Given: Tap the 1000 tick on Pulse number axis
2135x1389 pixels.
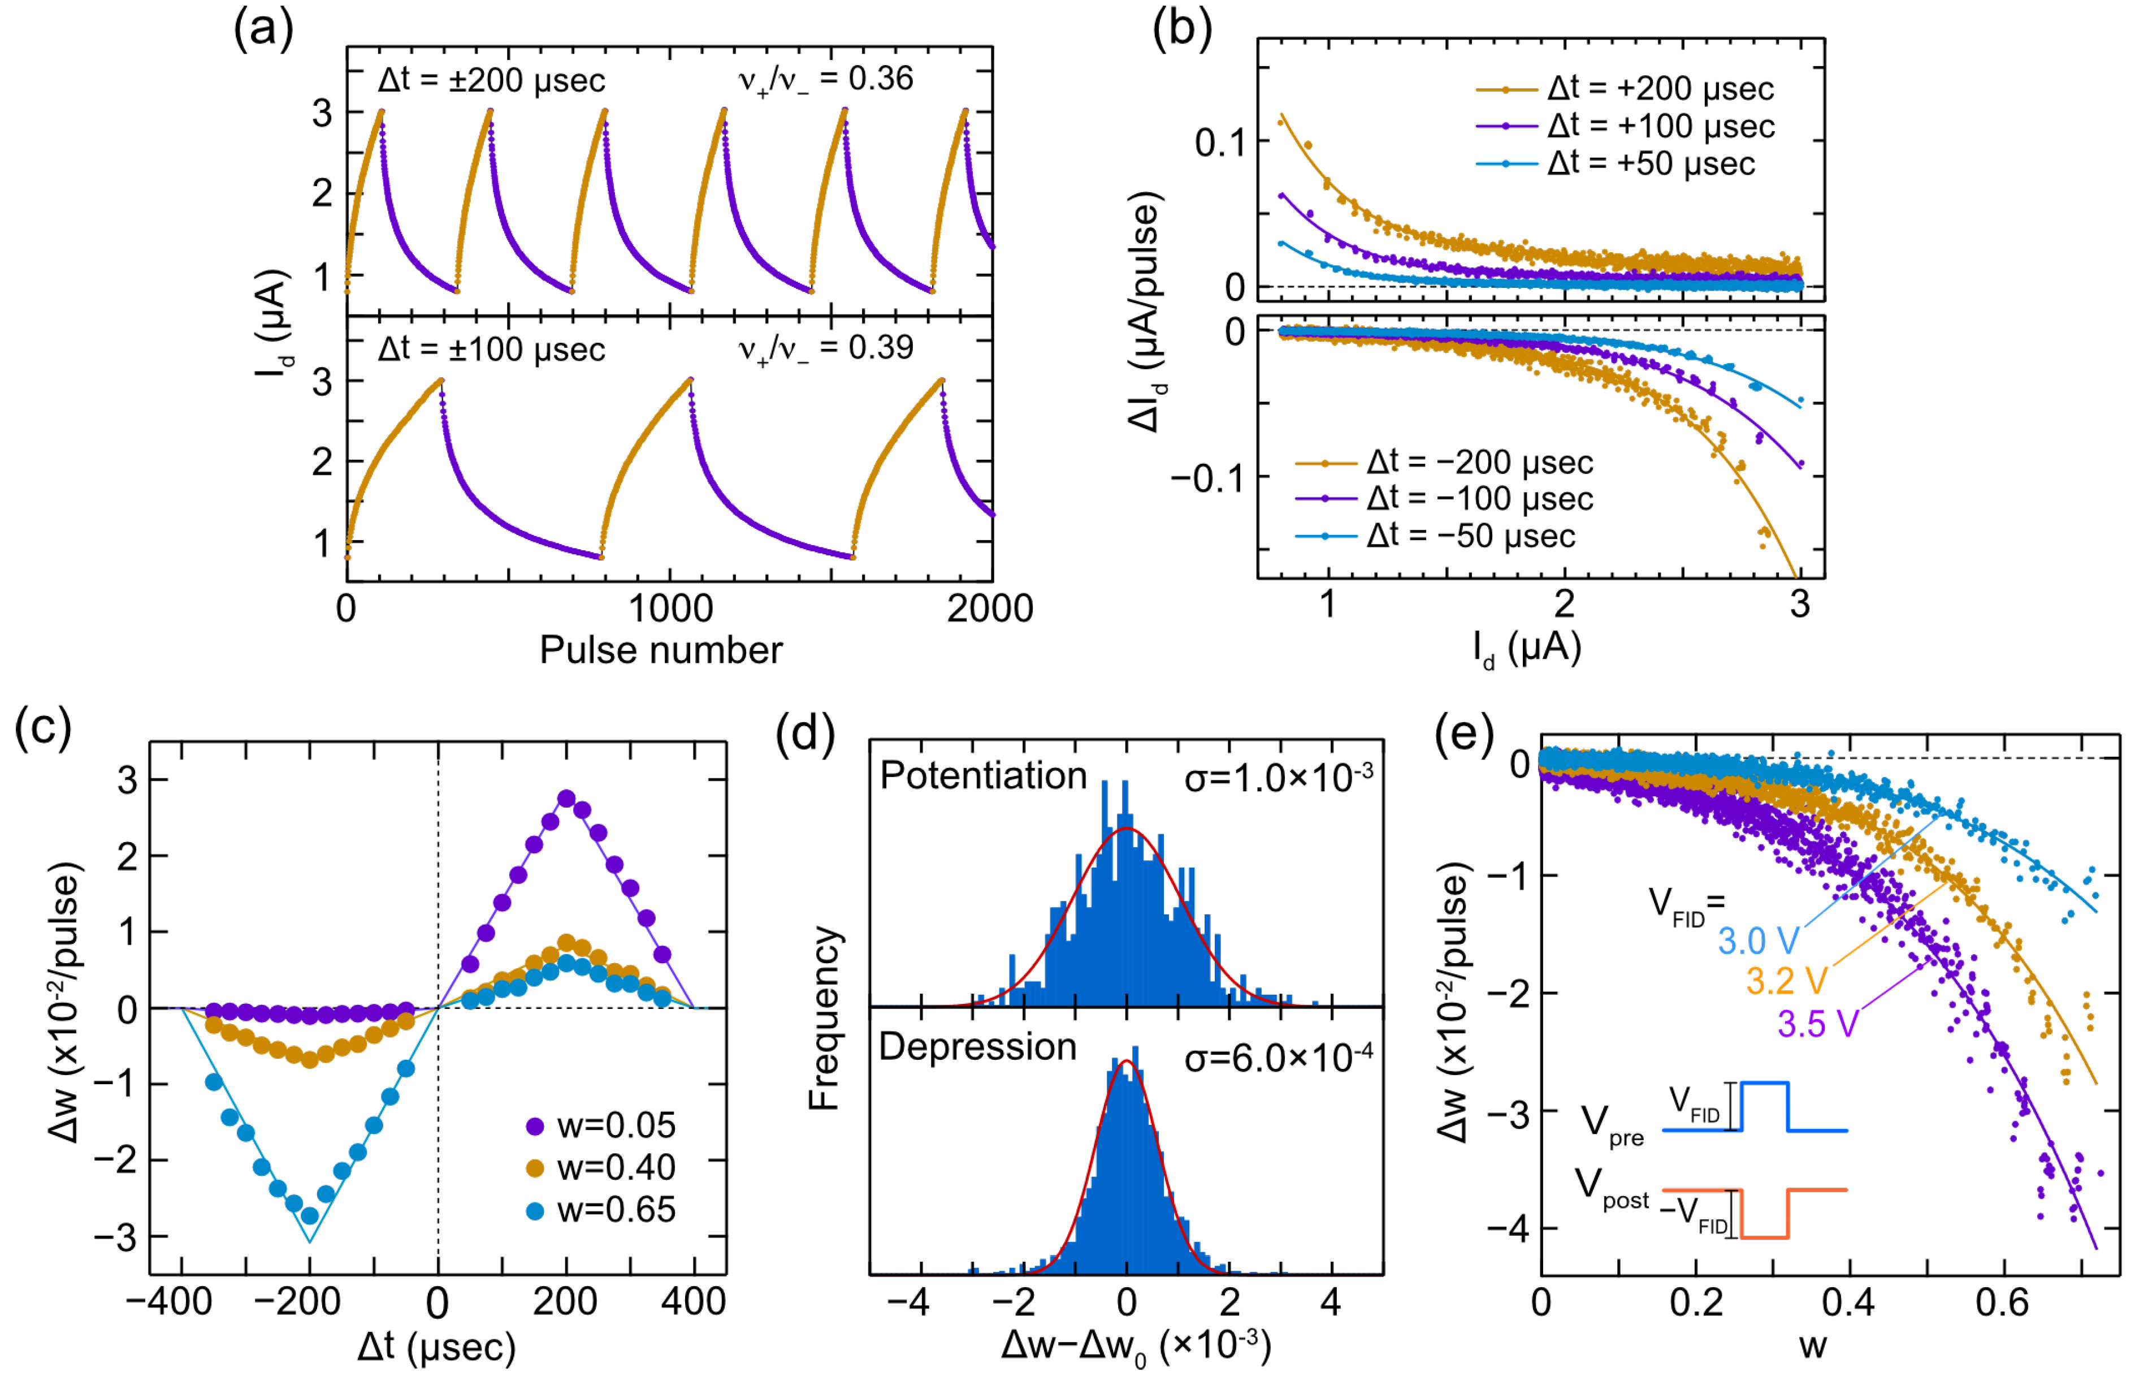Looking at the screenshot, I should point(670,609).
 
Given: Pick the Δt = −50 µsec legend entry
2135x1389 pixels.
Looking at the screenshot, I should point(1435,537).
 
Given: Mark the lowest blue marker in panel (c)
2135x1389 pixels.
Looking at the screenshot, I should point(310,1216).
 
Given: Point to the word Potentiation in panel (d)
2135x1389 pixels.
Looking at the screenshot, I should point(983,776).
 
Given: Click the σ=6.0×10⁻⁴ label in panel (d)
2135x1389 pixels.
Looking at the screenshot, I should point(1278,1059).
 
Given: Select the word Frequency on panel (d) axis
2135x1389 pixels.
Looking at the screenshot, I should point(824,1019).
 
